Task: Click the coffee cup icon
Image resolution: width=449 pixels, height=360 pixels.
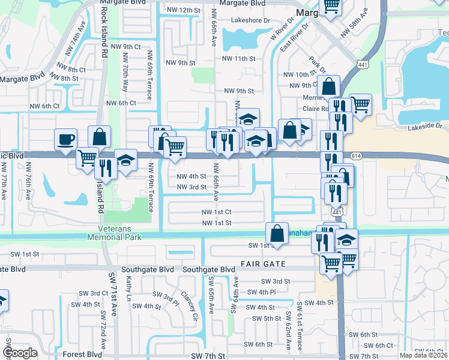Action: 66,140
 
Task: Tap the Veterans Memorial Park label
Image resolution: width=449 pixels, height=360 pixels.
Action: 122,233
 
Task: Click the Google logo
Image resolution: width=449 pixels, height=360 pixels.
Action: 20,353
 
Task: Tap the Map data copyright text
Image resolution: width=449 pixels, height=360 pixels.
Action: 424,355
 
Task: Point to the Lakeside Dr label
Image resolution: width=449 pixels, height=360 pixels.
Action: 424,127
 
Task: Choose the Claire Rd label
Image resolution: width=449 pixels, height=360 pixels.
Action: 316,109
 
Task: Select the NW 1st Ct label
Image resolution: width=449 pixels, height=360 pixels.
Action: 216,212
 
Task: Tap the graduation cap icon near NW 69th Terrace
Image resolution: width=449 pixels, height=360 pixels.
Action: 125,160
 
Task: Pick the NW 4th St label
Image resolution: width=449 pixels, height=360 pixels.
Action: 192,176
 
